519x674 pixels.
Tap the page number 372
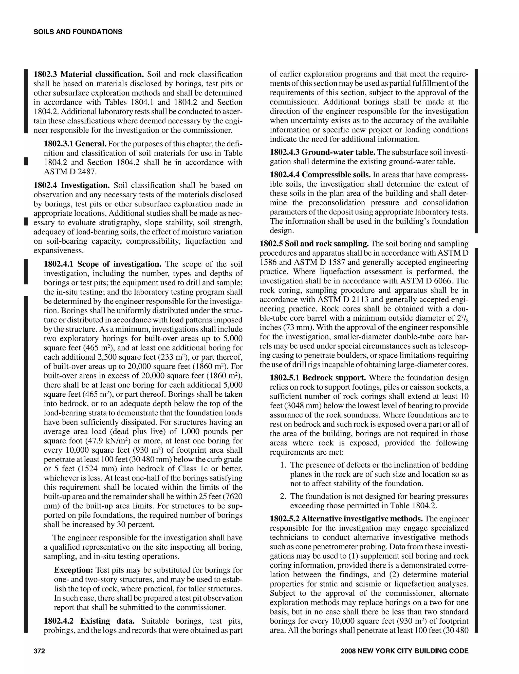click(39, 651)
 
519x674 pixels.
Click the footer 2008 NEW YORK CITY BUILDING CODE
click(404, 651)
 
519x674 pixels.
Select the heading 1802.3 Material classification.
click(89, 74)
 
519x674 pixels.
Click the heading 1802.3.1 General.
click(75, 144)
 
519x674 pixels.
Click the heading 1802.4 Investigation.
click(72, 185)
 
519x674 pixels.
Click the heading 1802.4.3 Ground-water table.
click(322, 152)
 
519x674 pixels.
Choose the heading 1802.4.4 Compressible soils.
click(320, 175)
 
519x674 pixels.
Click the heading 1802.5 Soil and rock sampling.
click(314, 244)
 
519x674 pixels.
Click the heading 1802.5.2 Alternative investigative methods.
click(346, 519)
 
